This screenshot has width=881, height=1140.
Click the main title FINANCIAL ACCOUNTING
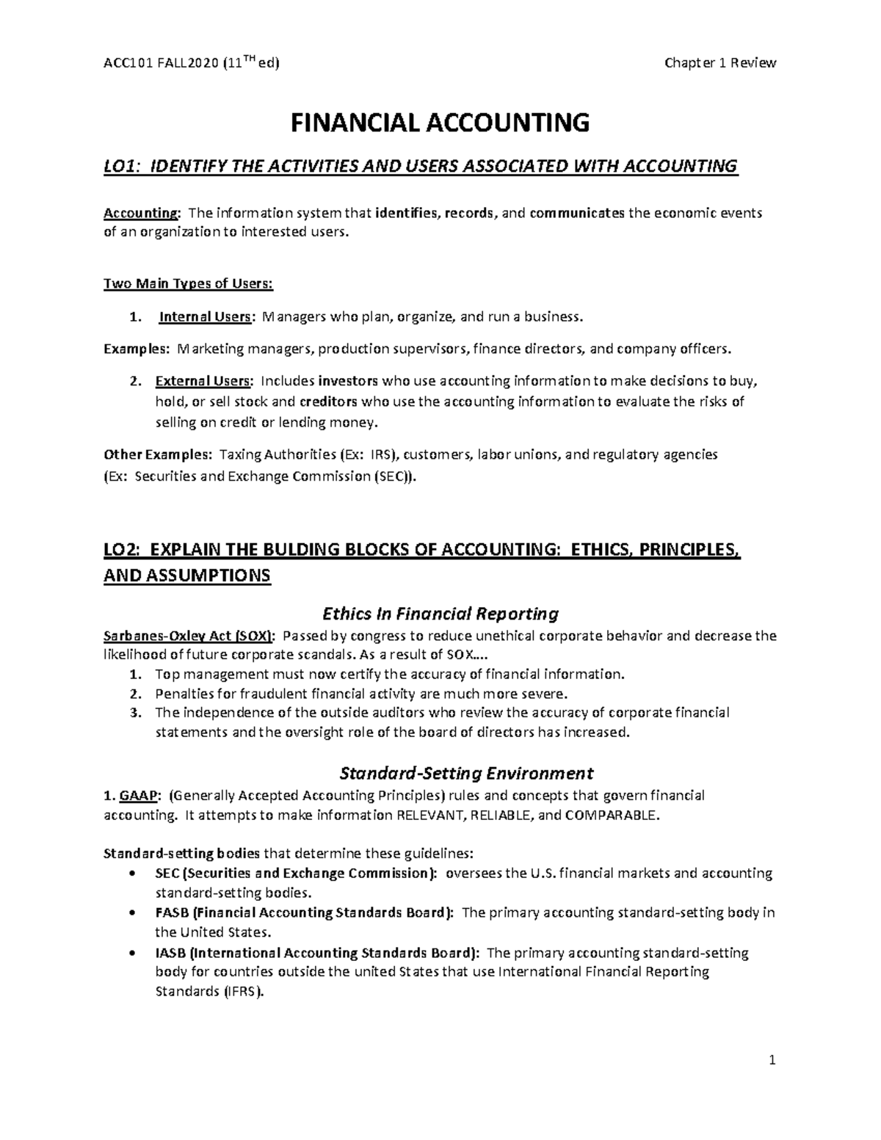tap(440, 123)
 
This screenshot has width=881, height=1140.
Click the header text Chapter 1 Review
tap(719, 63)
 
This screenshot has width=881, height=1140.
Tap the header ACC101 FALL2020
tap(161, 64)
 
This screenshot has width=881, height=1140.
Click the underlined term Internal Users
tap(205, 317)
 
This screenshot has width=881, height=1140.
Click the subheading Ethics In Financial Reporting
tap(440, 613)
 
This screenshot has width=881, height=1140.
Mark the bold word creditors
tap(329, 402)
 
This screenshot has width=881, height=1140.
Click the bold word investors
tap(349, 381)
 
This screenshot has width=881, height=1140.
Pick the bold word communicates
tap(578, 214)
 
